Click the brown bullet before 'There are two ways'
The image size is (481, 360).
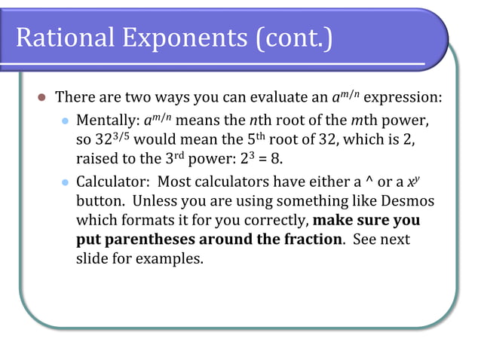click(x=42, y=98)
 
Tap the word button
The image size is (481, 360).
click(x=100, y=201)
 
